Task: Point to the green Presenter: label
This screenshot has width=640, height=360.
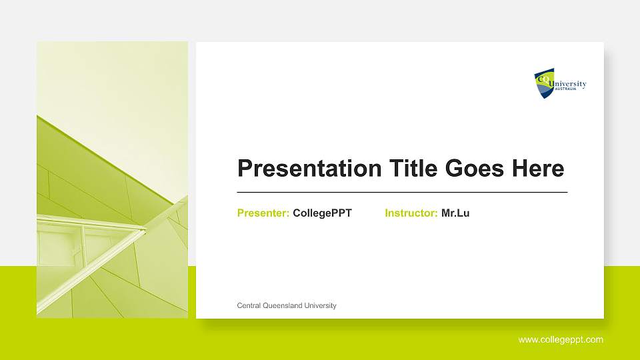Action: pos(263,213)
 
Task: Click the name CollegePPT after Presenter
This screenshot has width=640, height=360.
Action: pos(322,213)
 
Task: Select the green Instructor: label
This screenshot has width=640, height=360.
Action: pos(411,213)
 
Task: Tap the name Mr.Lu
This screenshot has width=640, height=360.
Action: pos(455,213)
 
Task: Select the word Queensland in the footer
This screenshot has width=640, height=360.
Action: pos(283,305)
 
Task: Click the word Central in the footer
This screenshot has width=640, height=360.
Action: pos(249,305)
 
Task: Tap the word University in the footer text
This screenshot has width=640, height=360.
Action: pos(320,305)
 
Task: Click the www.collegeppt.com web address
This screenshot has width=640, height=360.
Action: pos(561,340)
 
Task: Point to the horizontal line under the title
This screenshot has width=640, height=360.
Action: pos(403,192)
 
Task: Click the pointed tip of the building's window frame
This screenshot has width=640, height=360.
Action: pos(144,231)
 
